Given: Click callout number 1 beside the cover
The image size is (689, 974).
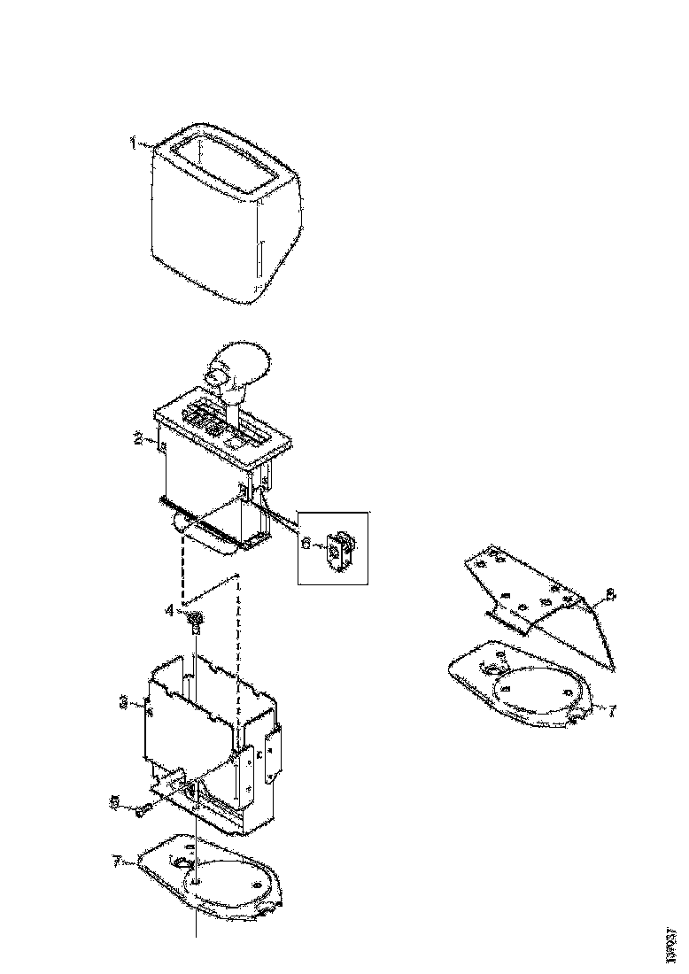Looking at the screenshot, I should tap(133, 143).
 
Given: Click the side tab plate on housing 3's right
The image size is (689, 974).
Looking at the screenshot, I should tap(270, 753).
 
